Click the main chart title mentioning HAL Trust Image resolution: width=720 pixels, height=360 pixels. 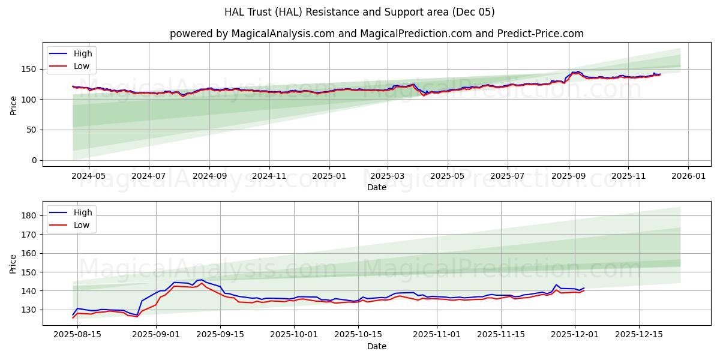click(359, 12)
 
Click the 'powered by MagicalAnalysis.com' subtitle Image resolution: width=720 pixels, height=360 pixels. click(376, 34)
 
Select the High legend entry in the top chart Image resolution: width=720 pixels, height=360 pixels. click(82, 53)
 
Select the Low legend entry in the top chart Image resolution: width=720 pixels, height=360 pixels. click(81, 66)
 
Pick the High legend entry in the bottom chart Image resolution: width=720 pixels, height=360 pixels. click(82, 212)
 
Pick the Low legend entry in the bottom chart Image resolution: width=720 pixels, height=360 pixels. click(81, 225)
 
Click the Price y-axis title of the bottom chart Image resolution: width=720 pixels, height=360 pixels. click(13, 263)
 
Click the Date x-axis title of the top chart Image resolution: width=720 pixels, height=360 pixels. click(376, 187)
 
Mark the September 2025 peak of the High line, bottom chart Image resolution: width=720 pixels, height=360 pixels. click(201, 279)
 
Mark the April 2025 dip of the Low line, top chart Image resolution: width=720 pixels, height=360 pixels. click(424, 95)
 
